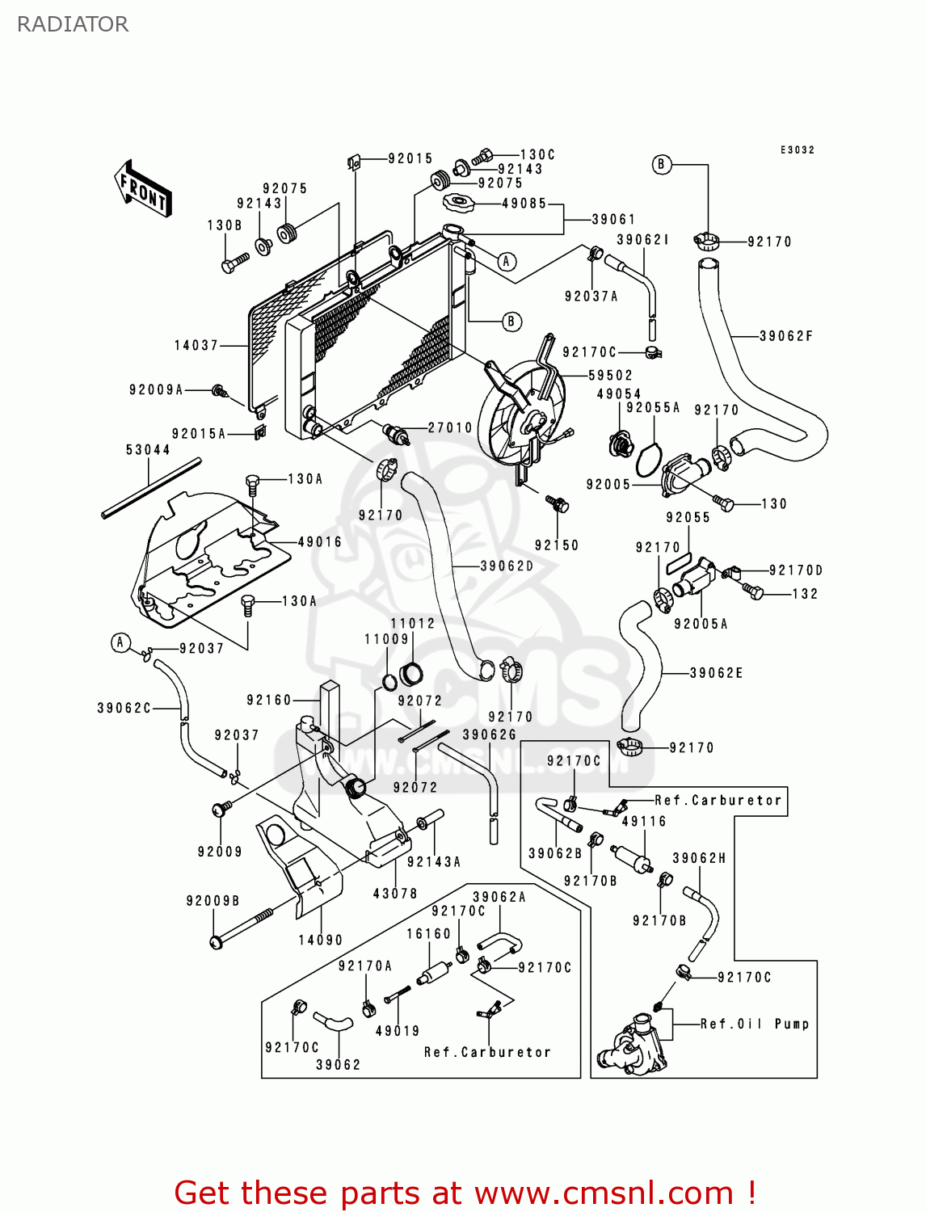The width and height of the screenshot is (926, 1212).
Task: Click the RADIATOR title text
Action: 73,24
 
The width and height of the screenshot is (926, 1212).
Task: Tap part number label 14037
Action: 196,345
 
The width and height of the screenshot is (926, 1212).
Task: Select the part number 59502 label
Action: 611,376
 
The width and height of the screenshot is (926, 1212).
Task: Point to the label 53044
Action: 148,450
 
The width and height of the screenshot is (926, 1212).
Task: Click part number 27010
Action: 450,427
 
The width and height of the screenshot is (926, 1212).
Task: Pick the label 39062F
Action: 786,336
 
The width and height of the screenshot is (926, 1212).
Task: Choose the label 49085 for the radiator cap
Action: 524,204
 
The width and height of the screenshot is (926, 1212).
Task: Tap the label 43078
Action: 395,894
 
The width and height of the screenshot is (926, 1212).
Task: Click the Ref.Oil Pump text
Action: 755,1024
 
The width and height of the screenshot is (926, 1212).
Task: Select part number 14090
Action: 321,940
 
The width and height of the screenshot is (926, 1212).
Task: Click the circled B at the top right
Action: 661,165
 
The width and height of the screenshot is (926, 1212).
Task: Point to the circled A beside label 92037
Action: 120,643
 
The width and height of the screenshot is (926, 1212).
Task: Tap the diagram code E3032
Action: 798,150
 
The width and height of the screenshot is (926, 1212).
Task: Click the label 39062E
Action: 717,673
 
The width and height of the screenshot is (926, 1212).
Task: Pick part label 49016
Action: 320,542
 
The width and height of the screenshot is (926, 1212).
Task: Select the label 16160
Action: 428,934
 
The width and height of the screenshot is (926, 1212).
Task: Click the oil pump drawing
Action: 631,1046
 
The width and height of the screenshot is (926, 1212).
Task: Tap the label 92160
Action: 269,700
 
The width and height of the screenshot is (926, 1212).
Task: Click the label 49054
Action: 619,394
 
